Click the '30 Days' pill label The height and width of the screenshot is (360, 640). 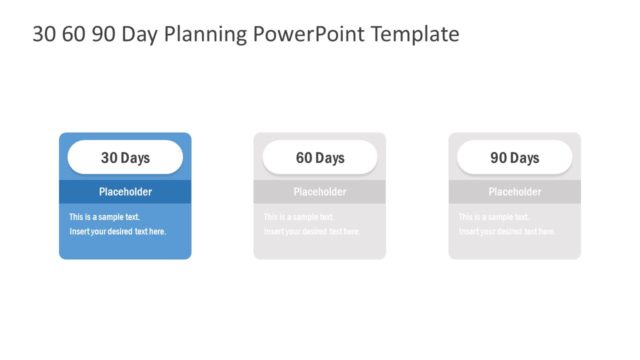click(x=125, y=158)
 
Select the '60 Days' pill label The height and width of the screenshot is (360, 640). click(x=320, y=158)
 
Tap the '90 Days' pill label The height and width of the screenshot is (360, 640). click(x=515, y=158)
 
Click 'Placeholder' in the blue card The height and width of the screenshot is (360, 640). click(x=125, y=192)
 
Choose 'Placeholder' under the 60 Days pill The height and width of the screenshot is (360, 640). click(x=320, y=192)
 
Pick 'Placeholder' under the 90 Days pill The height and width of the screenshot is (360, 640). click(x=515, y=192)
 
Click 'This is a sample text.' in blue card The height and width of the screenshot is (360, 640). click(x=104, y=217)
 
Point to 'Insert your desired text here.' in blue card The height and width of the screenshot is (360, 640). click(x=117, y=231)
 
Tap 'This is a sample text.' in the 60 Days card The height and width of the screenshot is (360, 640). click(x=299, y=217)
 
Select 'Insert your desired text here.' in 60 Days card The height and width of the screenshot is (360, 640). click(x=312, y=231)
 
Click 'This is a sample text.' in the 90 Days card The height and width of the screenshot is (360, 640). click(x=494, y=217)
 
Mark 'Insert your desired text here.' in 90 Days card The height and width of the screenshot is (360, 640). click(x=507, y=231)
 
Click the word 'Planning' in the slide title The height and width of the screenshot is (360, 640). click(x=208, y=34)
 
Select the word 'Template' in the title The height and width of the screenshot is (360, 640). click(x=415, y=34)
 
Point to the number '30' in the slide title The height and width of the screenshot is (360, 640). click(x=44, y=34)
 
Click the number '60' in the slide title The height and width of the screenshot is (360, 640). click(x=74, y=34)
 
